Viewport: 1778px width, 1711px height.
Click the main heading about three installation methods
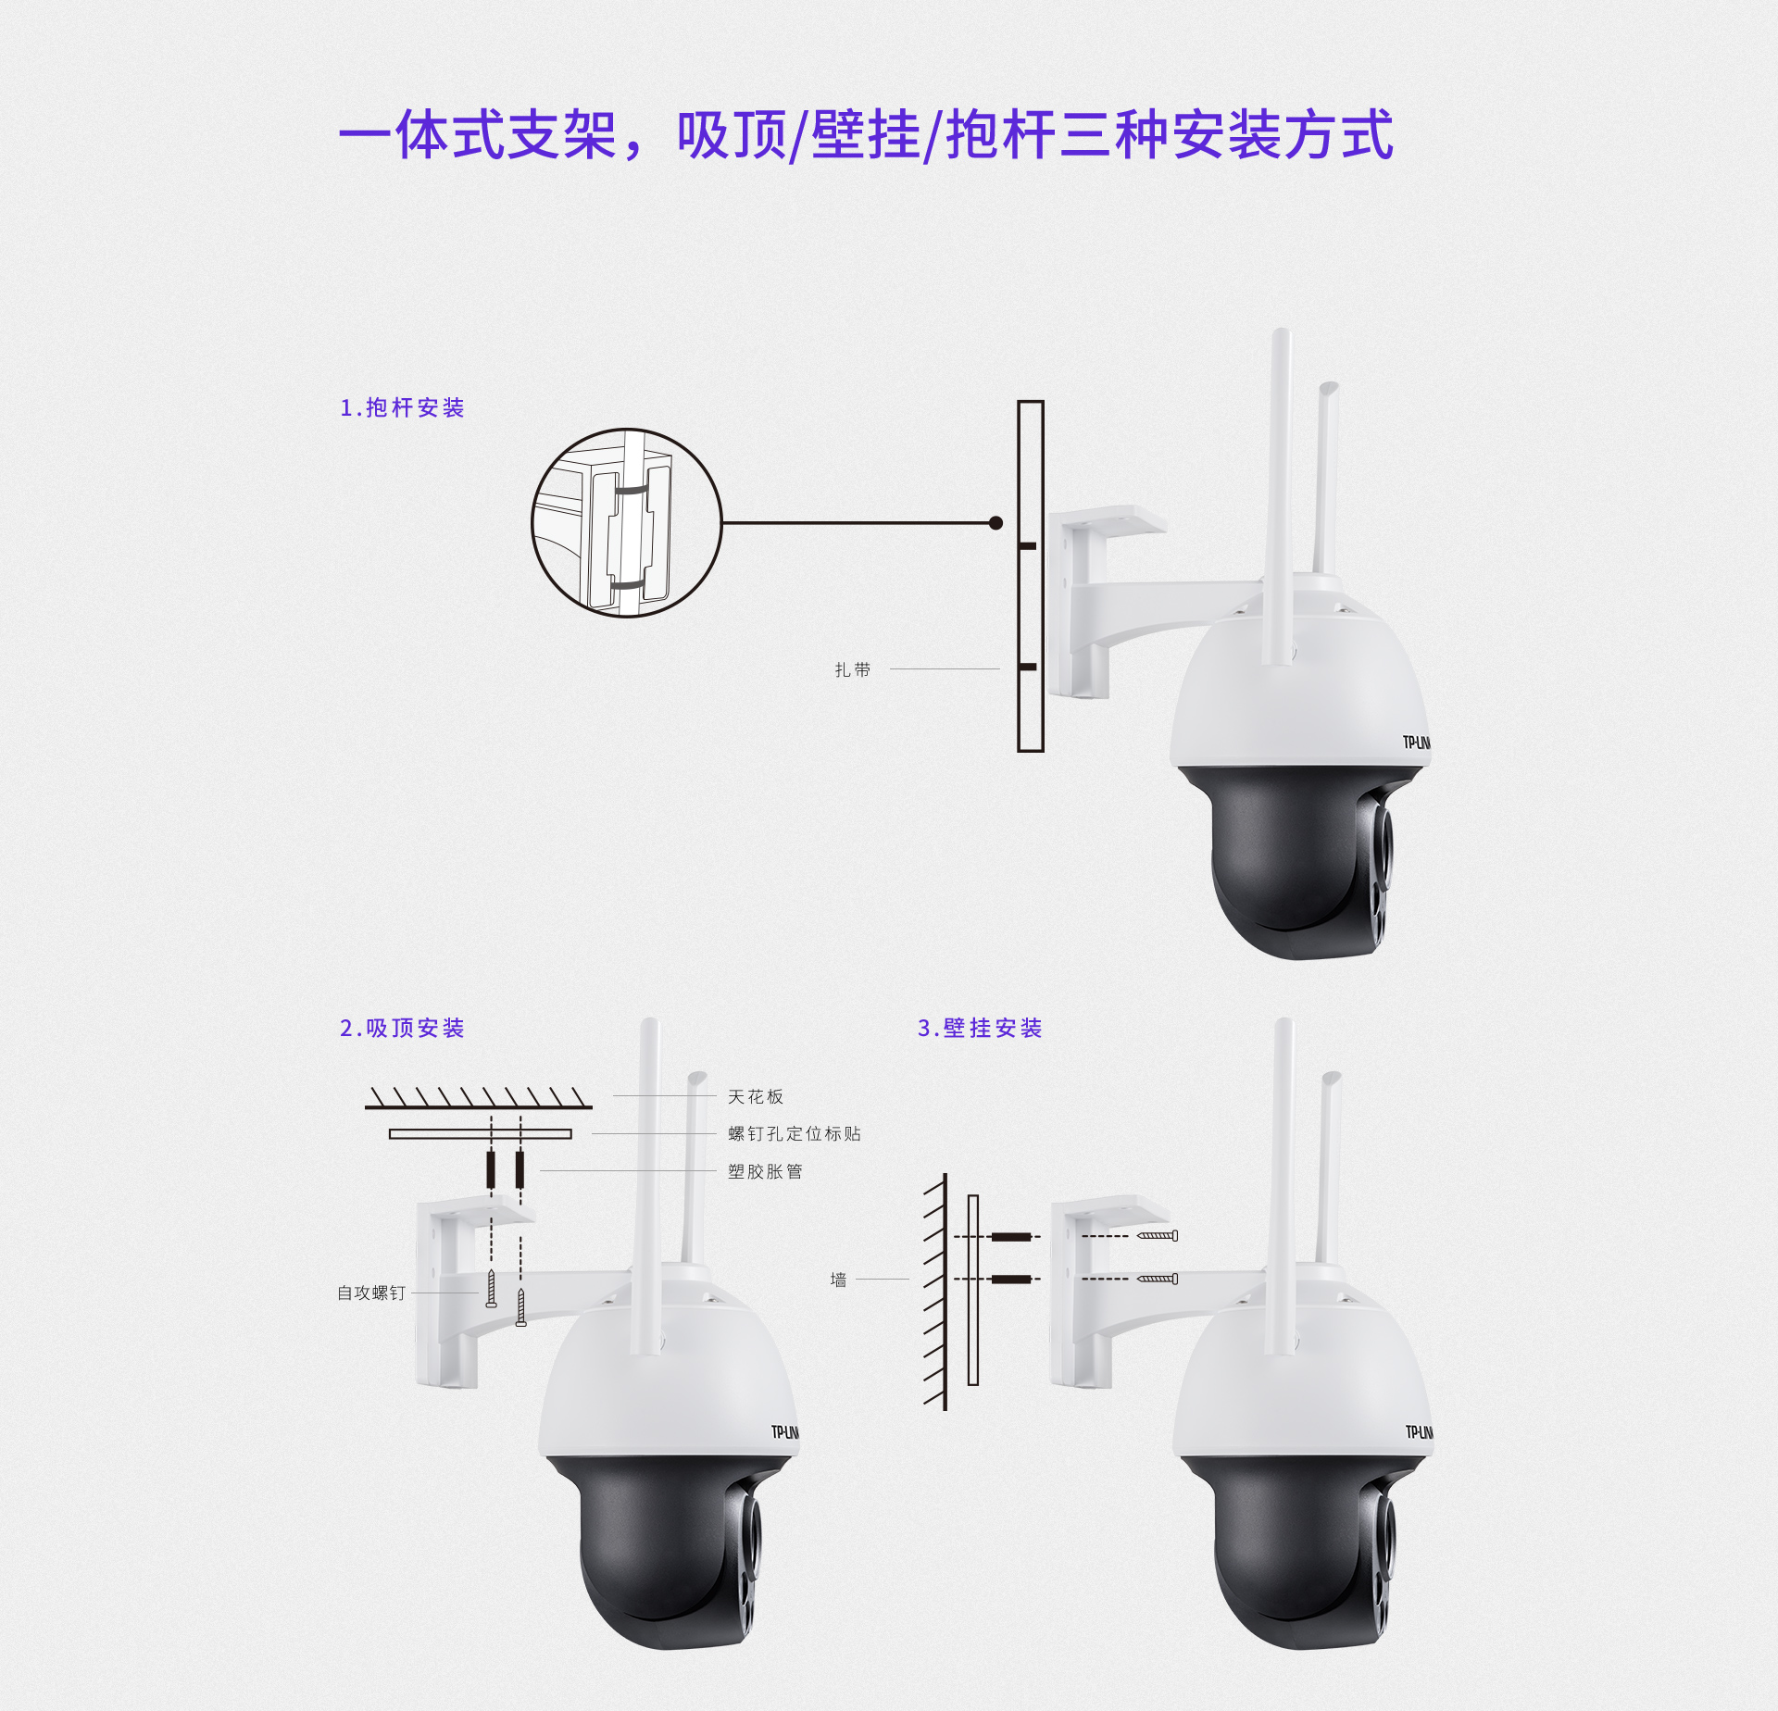866,135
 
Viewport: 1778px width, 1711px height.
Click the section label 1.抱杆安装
402,408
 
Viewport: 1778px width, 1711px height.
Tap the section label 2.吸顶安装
402,1029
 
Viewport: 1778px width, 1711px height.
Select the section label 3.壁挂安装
980,1029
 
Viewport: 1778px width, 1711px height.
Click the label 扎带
853,669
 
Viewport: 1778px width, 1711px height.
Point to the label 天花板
756,1097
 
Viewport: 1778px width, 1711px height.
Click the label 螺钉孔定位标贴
795,1134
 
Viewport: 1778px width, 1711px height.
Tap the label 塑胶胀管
765,1172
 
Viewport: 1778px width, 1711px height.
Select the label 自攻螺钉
371,1293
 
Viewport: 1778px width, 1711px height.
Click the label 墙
839,1280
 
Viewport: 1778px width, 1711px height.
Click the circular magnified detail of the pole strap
626,523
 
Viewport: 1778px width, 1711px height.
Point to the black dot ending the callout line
996,523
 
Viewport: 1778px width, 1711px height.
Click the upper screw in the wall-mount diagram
1158,1235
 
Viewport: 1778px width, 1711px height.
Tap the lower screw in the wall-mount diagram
1158,1279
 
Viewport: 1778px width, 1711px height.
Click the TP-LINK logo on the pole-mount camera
1417,743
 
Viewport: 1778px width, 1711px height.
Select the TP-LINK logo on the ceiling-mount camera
785,1432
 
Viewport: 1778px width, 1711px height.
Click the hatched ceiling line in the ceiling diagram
479,1099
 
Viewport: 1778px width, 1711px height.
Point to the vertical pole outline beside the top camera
1031,576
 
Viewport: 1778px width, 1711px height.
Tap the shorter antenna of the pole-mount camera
1327,478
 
